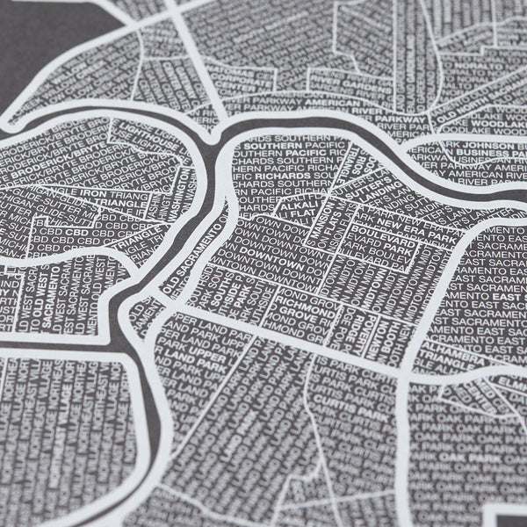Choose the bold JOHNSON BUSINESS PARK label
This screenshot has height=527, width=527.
[482, 149]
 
